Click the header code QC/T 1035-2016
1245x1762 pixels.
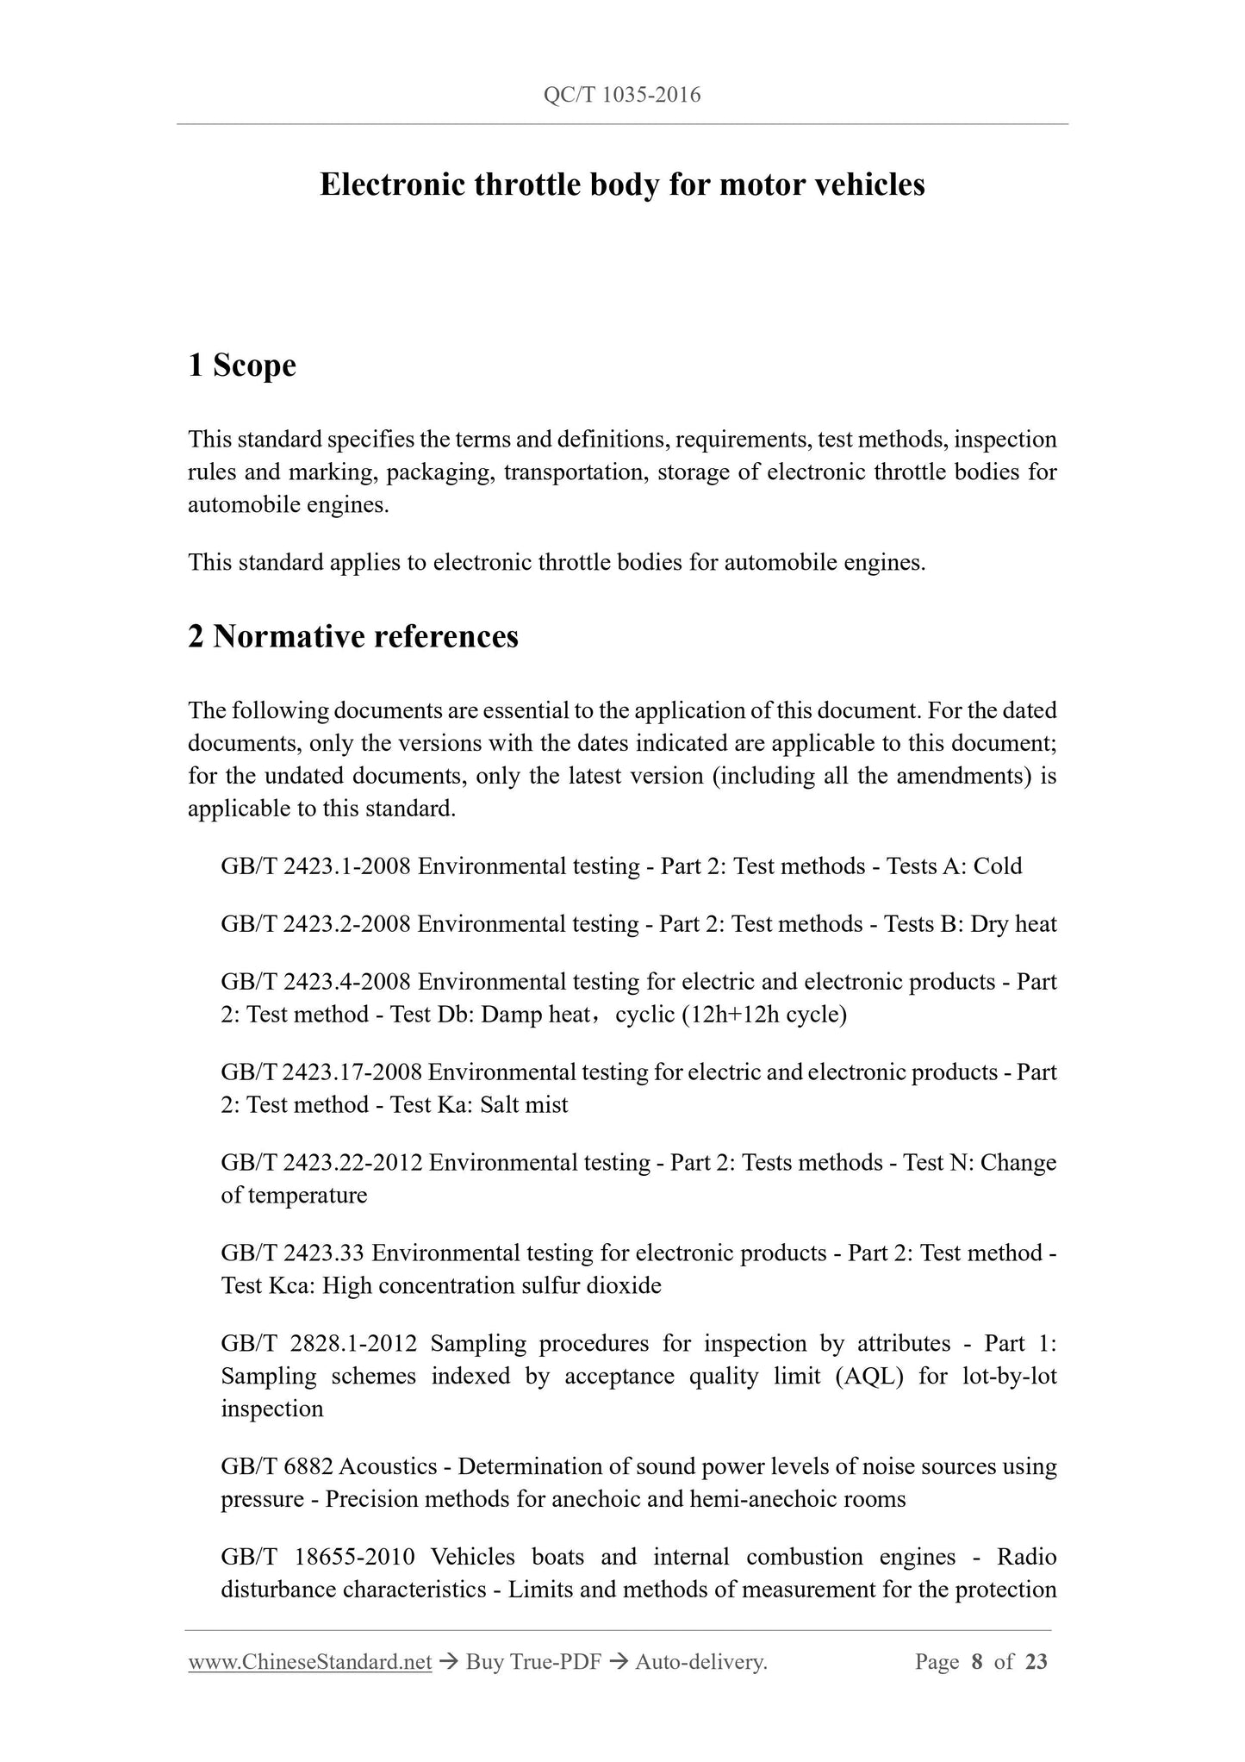click(x=622, y=95)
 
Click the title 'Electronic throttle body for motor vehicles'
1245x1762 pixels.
click(x=622, y=184)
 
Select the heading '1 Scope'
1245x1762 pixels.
click(x=242, y=366)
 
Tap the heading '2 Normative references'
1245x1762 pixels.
click(x=353, y=636)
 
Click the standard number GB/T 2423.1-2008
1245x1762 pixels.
click(x=316, y=865)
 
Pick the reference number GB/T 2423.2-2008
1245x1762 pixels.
click(x=316, y=924)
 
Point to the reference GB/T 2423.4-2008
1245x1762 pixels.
click(x=316, y=982)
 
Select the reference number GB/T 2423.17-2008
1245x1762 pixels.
click(x=321, y=1072)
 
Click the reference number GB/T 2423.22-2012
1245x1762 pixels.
click(x=321, y=1163)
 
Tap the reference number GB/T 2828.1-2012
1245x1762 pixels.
click(x=319, y=1344)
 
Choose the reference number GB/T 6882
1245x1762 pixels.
click(x=276, y=1466)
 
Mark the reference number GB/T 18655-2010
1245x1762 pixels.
click(x=318, y=1557)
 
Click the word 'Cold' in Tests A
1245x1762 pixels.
click(x=998, y=865)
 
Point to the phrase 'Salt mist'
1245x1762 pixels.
click(x=526, y=1105)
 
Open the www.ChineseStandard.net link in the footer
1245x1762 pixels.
click(x=309, y=1662)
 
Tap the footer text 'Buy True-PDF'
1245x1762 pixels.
click(x=533, y=1662)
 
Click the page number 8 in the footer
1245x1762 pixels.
click(x=976, y=1662)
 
